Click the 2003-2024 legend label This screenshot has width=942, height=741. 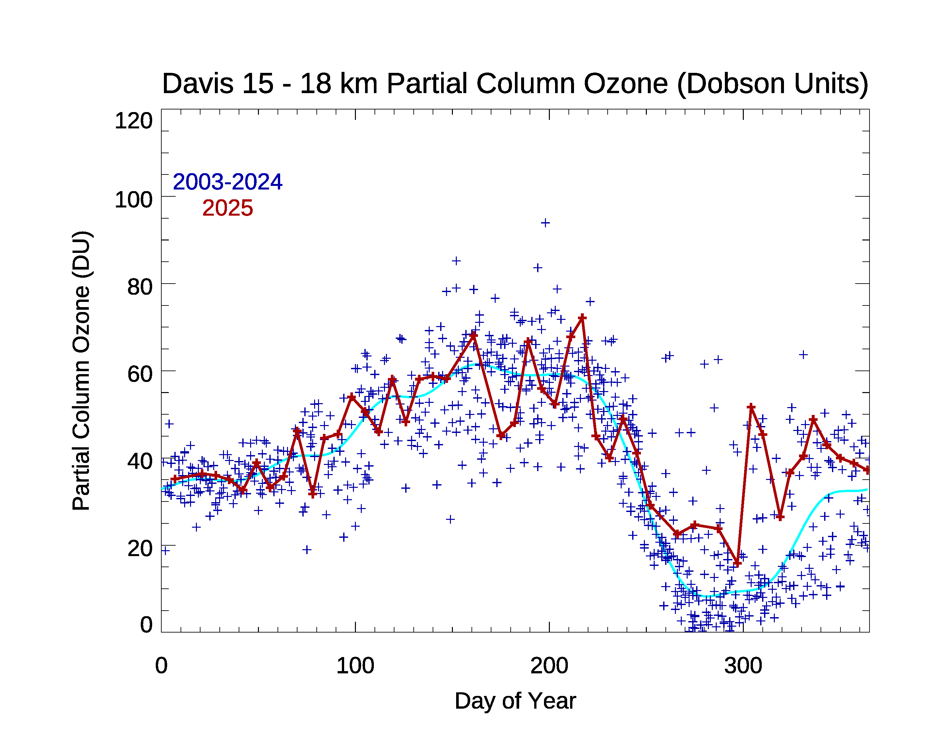tap(227, 182)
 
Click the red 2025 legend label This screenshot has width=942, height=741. tap(227, 208)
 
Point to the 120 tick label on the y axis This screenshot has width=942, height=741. tap(133, 121)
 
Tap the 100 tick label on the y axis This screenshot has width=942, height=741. tap(133, 200)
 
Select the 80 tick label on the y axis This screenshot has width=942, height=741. tap(140, 287)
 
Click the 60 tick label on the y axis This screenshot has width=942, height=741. tap(140, 374)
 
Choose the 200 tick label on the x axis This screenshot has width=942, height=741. tap(549, 666)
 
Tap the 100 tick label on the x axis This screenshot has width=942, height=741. tap(355, 666)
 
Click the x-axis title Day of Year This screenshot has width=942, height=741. tap(515, 701)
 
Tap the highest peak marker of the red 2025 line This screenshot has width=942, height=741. tap(582, 318)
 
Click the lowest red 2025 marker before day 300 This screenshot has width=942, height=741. tap(737, 564)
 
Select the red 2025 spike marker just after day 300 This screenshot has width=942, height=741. tap(751, 407)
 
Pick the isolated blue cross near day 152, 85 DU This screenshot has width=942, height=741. tap(456, 261)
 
